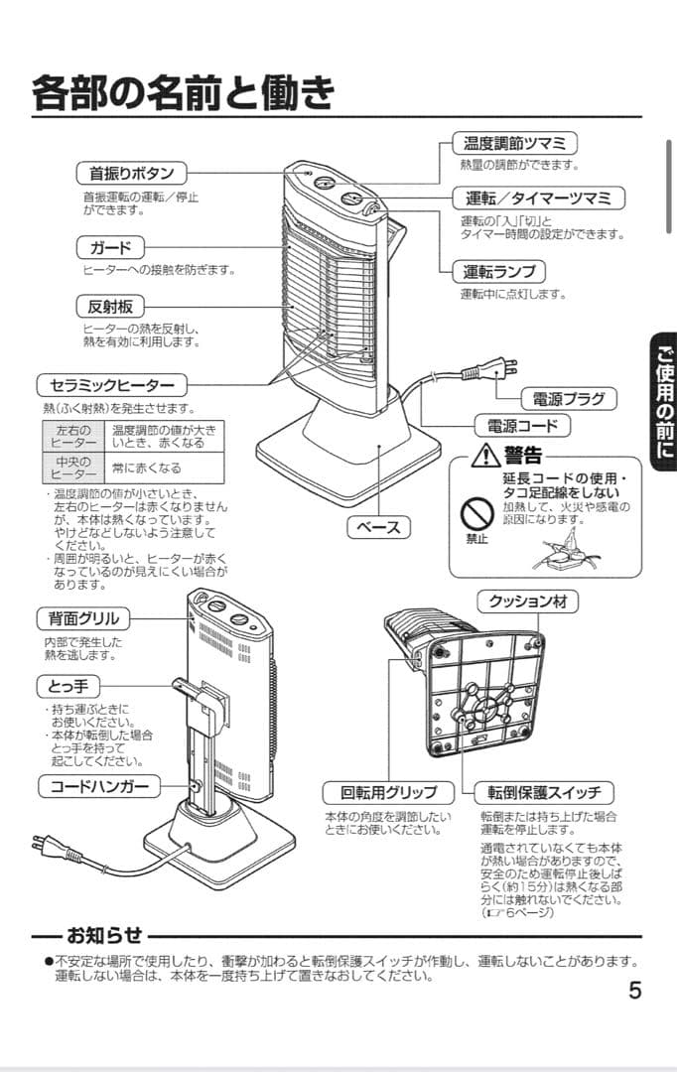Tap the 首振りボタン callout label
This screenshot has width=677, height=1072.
131,173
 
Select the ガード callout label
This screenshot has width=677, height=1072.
110,247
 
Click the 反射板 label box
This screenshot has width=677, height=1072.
110,307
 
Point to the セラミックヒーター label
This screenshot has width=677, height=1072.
110,385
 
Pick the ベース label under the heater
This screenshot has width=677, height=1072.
378,527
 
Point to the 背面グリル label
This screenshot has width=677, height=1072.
83,618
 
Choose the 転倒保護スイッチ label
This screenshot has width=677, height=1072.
543,793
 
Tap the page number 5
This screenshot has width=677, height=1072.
634,991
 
